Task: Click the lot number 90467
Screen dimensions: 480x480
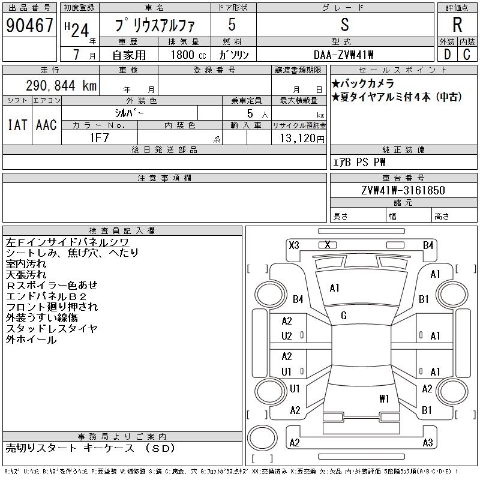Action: tap(29, 26)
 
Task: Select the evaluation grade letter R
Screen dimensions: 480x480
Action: tap(457, 25)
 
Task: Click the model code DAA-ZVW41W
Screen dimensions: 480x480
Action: tap(344, 55)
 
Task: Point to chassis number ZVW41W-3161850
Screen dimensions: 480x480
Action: tap(403, 190)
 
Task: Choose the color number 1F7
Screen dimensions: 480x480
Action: tap(100, 137)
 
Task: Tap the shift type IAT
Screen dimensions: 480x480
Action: tap(17, 125)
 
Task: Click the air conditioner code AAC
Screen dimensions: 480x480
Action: tap(46, 125)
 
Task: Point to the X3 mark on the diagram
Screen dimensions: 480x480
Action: tap(294, 245)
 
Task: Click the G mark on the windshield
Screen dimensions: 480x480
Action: tap(344, 316)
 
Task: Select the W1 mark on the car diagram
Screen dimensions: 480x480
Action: tap(385, 398)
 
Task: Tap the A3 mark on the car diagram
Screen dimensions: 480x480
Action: tap(427, 443)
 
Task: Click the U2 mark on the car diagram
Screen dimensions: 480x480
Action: tap(287, 336)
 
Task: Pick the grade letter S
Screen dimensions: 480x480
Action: tap(344, 25)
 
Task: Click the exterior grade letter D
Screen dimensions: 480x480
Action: tap(447, 55)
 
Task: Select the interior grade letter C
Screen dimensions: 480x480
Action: tap(467, 55)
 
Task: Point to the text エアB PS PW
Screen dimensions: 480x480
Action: tap(359, 162)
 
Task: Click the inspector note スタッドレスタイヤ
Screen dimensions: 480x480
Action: tap(52, 328)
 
